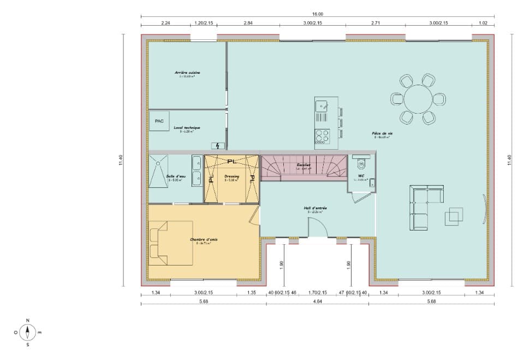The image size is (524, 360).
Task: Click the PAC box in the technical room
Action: point(159,121)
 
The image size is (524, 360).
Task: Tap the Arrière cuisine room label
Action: point(187,73)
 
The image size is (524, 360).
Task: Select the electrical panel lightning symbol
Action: point(218,145)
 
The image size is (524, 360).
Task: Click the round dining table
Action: point(418,98)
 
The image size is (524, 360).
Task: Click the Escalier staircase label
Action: point(303,165)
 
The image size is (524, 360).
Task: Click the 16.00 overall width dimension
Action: point(318,14)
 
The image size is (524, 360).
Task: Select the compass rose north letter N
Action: point(28,320)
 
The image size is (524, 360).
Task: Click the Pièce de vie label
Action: point(383,133)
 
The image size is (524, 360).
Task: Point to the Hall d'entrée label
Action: point(315,208)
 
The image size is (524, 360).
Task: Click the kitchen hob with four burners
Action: point(322,135)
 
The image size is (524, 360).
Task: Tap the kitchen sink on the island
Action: point(321,105)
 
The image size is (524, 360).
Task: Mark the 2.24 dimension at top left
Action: point(165,23)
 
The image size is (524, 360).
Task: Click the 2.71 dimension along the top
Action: point(376,23)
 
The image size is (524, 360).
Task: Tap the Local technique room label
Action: point(187,128)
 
